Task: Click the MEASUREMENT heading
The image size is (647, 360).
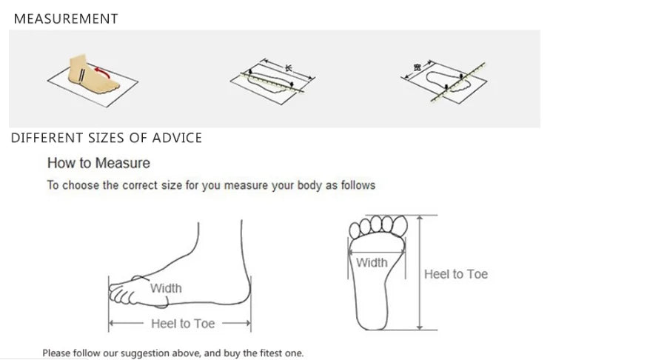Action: pyautogui.click(x=66, y=19)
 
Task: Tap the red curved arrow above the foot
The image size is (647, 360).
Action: pyautogui.click(x=103, y=72)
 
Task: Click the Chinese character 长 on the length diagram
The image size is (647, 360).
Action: pyautogui.click(x=289, y=67)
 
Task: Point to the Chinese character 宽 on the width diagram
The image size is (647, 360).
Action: pyautogui.click(x=418, y=67)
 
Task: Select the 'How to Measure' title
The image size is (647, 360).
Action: pyautogui.click(x=98, y=163)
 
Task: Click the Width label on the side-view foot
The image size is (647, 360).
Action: pyautogui.click(x=166, y=288)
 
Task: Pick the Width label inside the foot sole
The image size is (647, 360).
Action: pyautogui.click(x=372, y=262)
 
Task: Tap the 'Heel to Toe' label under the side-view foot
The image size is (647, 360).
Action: pyautogui.click(x=183, y=324)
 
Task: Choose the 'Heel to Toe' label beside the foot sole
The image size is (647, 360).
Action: pyautogui.click(x=456, y=274)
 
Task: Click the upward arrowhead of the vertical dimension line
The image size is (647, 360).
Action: pyautogui.click(x=420, y=219)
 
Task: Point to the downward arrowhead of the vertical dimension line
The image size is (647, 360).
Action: pyautogui.click(x=420, y=327)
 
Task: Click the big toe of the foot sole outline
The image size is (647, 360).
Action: pyautogui.click(x=400, y=226)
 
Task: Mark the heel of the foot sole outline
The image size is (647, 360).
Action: pyautogui.click(x=372, y=320)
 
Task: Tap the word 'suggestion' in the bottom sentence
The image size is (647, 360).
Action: pyautogui.click(x=145, y=353)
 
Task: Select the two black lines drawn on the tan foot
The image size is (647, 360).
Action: pyautogui.click(x=82, y=75)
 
